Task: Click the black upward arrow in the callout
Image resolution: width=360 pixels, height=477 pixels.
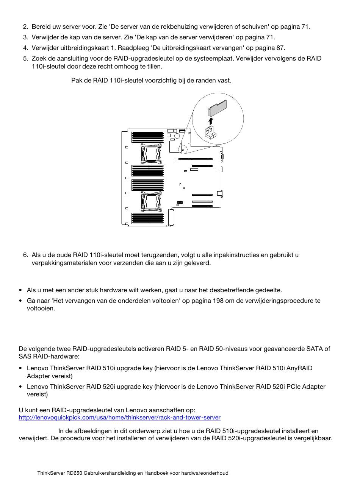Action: [x=210, y=121]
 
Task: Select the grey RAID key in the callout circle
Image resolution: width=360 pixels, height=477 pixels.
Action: [x=217, y=108]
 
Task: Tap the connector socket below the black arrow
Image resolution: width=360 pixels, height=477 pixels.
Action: [x=211, y=132]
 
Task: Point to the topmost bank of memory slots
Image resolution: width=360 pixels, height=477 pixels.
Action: [x=148, y=137]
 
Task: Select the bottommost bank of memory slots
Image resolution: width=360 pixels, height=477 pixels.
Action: [x=148, y=218]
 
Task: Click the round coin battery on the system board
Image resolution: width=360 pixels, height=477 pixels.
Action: [x=177, y=136]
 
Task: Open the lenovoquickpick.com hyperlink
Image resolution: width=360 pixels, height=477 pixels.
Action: [x=119, y=418]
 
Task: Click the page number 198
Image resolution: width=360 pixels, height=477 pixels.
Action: [x=218, y=301]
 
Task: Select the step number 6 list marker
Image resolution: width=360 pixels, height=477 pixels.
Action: [x=26, y=255]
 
